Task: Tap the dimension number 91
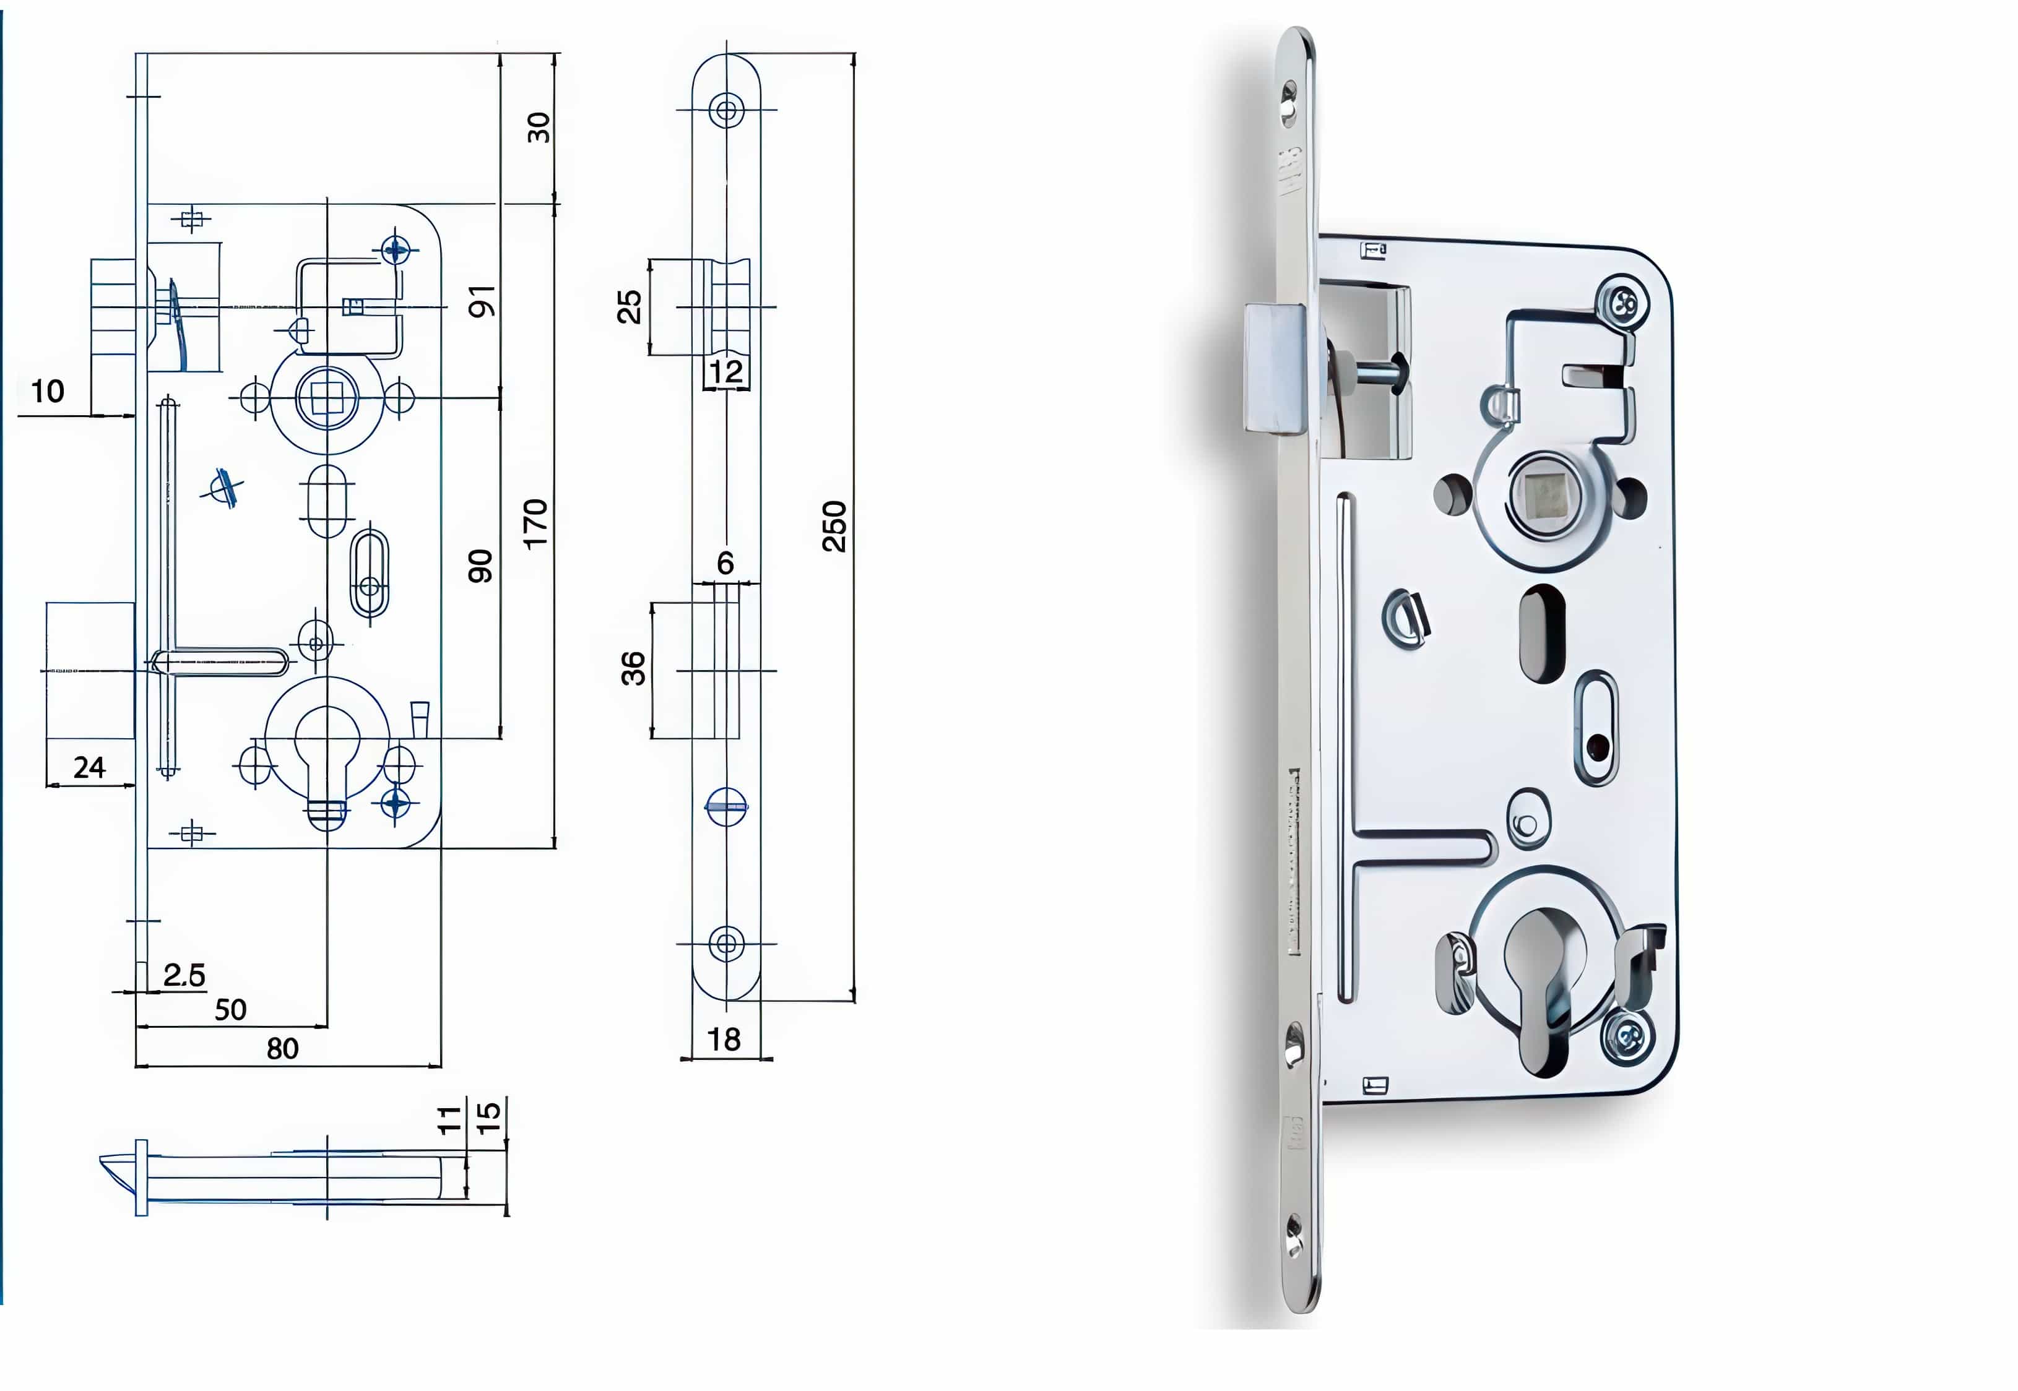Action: [x=482, y=301]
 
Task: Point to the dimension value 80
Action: [x=282, y=1048]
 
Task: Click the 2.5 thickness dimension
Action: [x=184, y=975]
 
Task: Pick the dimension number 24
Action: [x=89, y=768]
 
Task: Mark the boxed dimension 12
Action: [x=725, y=372]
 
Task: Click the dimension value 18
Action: [x=724, y=1039]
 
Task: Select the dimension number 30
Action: [x=539, y=127]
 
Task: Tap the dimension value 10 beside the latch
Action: [x=48, y=391]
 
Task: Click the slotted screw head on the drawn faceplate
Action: [x=726, y=806]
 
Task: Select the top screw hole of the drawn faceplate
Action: [x=726, y=111]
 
